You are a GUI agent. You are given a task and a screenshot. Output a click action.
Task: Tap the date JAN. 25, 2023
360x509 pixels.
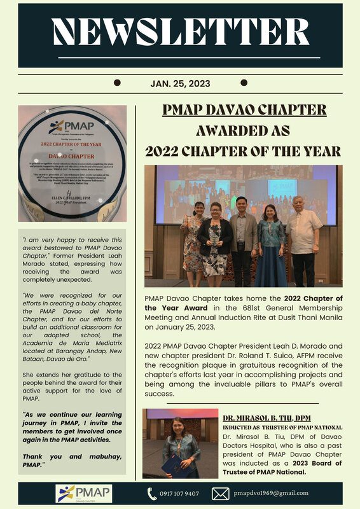180,83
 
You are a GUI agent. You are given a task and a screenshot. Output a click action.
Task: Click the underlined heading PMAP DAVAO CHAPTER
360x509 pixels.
244,109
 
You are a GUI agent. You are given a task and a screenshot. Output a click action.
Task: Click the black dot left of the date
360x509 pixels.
117,83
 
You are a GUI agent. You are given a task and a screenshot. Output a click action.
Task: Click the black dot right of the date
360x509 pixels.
243,83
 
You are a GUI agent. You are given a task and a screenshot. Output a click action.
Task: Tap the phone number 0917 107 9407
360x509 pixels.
178,494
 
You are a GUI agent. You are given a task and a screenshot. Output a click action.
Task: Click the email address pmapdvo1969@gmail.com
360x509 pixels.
271,493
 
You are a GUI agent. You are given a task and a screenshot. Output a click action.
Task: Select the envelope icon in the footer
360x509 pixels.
220,494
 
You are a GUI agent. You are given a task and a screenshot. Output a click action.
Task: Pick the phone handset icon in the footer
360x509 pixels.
152,494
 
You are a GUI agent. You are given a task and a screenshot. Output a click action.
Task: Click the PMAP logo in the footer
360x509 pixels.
84,493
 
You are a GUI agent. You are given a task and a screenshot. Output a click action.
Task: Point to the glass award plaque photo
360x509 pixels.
72,169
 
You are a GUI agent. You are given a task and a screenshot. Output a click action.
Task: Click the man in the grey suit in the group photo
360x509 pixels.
242,239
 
